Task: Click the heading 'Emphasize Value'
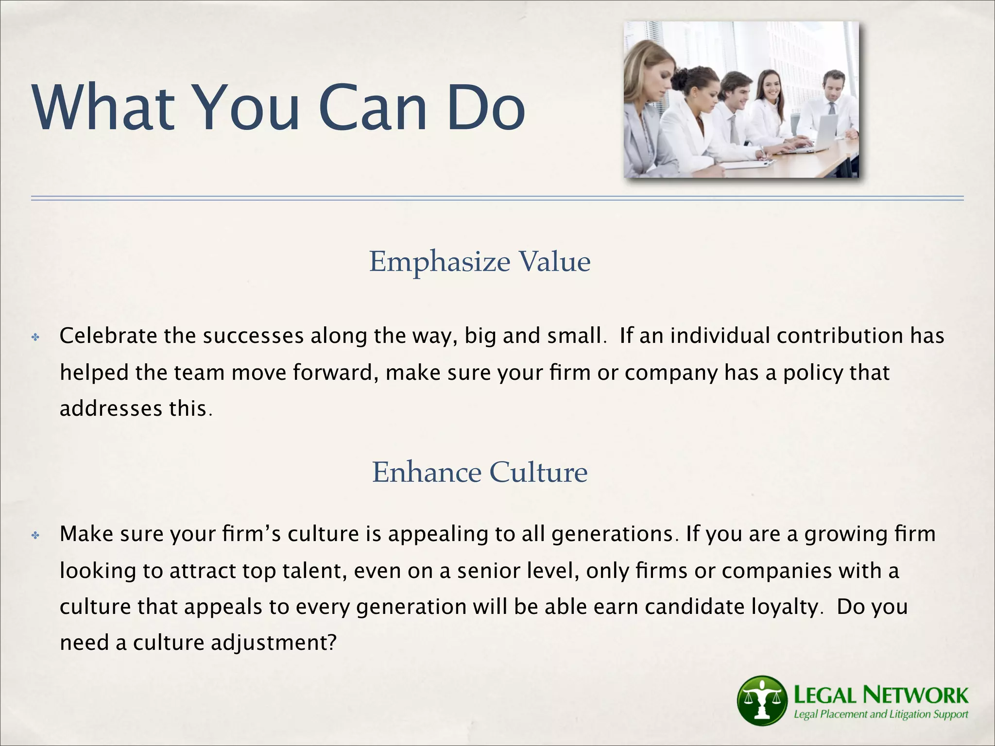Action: coord(480,262)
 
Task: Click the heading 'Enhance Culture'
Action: coord(480,472)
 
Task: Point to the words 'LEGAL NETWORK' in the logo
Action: coord(881,695)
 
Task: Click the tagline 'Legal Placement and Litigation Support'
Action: coord(881,714)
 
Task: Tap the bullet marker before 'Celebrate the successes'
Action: coord(35,337)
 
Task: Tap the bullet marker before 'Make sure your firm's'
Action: coord(35,535)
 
